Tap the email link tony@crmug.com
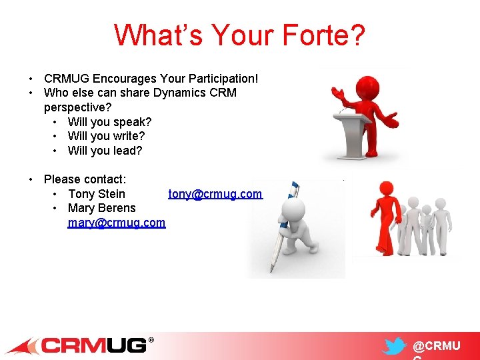215,194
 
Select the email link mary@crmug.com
117,223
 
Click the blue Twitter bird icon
395,347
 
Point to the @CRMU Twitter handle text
436,346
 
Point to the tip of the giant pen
271,270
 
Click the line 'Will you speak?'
109,122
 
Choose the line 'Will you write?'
106,136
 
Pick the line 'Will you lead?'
105,151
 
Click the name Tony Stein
97,194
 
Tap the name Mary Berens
101,208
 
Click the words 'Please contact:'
85,179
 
